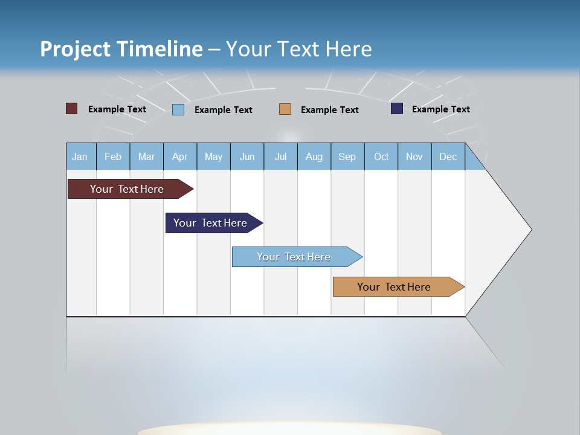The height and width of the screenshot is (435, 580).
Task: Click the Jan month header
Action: pos(80,156)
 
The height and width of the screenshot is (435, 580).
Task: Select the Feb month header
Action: pos(113,156)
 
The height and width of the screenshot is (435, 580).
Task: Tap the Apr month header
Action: pos(179,156)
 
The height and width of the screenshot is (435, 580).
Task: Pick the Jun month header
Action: pos(247,156)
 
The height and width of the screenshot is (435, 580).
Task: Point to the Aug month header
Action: pos(314,156)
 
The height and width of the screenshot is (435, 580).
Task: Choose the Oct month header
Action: pos(381,156)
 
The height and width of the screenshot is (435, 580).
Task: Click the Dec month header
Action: pos(448,156)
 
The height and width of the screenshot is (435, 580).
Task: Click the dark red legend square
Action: pos(71,109)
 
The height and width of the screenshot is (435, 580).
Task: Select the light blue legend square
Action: pos(178,109)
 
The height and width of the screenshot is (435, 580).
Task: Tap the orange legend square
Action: pos(285,109)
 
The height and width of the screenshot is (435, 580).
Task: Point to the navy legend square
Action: pos(397,109)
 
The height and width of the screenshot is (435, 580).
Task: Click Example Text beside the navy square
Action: pos(440,109)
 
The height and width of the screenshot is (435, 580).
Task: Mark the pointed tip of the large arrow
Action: pos(530,229)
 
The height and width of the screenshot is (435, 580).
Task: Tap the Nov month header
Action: pos(414,156)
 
